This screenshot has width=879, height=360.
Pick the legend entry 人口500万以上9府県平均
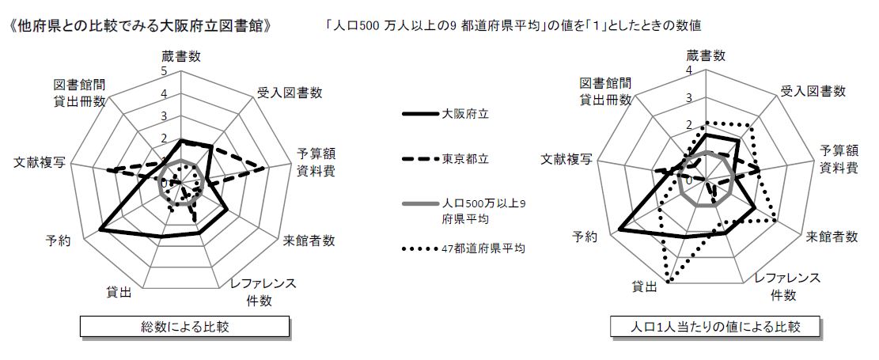click(x=464, y=211)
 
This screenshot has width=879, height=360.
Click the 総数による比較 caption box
click(x=184, y=326)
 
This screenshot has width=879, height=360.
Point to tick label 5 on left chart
click(x=164, y=71)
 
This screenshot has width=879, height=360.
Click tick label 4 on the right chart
click(x=689, y=71)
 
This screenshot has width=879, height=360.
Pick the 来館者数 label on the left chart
click(x=309, y=241)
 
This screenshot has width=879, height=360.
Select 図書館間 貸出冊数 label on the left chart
click(x=80, y=92)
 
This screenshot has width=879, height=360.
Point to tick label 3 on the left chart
click(x=165, y=116)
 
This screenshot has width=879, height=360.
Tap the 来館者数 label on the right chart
click(x=832, y=237)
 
